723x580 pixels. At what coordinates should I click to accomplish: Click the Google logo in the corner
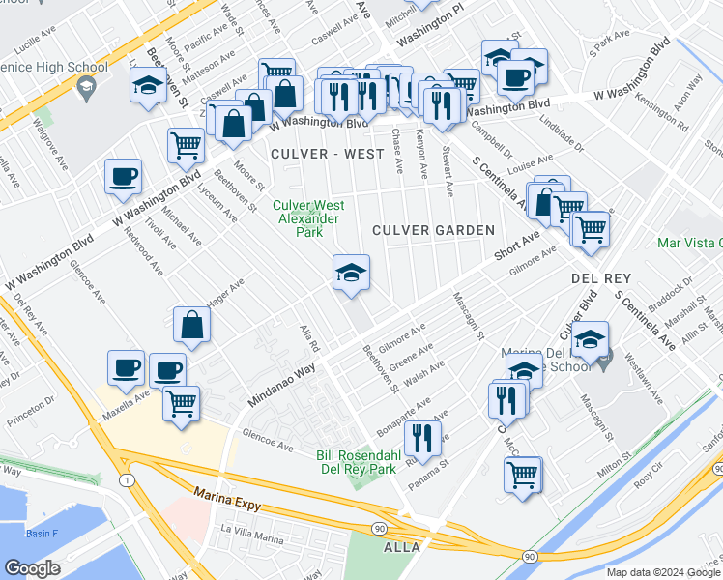click(32, 568)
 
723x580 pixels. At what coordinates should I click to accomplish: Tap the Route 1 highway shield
click(126, 480)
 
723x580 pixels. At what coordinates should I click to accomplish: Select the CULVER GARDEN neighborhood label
click(434, 230)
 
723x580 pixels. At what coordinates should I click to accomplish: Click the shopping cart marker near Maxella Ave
click(181, 403)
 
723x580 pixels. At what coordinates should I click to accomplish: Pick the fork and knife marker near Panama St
click(422, 438)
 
